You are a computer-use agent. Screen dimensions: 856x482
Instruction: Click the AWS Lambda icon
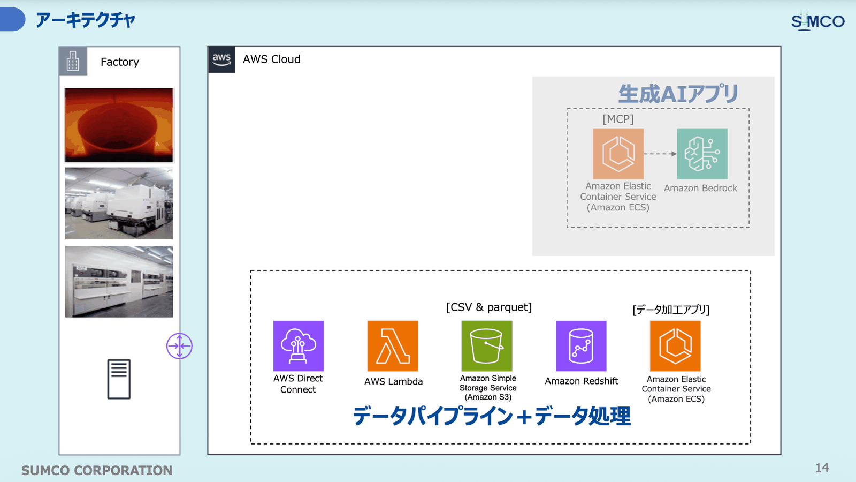pos(393,346)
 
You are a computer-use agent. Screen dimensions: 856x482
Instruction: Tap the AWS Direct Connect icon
pos(299,346)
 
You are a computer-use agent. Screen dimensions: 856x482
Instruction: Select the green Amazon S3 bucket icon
pos(487,346)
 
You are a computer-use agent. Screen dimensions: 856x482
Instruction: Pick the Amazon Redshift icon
pos(581,346)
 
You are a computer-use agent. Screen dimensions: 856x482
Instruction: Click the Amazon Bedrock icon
pos(702,154)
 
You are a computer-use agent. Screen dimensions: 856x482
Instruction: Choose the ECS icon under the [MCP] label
pos(618,154)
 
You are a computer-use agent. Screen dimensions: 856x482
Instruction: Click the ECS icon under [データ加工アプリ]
pos(675,346)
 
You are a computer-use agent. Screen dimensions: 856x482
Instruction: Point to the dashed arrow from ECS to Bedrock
pos(660,154)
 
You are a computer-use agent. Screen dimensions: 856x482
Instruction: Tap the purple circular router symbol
pos(179,346)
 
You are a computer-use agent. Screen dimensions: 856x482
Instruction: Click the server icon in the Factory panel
pos(119,379)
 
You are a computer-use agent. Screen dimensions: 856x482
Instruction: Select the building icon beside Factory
pos(73,61)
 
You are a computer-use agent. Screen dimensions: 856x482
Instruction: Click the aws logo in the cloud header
pos(221,59)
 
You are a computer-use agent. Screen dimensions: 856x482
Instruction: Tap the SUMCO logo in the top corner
pos(818,21)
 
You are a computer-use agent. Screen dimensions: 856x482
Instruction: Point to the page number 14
pos(822,468)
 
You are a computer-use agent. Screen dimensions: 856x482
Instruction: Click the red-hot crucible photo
pos(119,125)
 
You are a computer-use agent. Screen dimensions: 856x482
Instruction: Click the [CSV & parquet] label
pos(489,307)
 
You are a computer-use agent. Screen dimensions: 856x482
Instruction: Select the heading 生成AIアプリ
pos(678,94)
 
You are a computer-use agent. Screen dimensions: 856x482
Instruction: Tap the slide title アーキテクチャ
pos(86,20)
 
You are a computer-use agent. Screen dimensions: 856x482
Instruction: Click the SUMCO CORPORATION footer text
pos(97,470)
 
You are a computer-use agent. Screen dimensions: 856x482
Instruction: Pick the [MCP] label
pos(618,119)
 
